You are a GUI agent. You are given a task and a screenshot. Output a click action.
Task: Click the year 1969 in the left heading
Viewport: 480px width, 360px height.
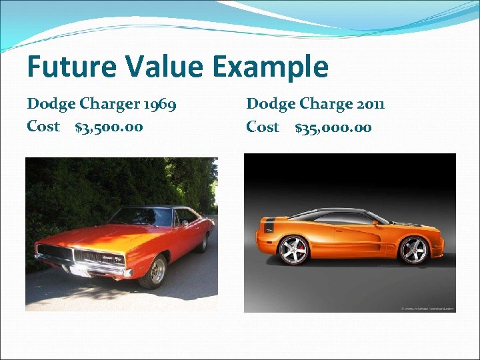pyautogui.click(x=159, y=104)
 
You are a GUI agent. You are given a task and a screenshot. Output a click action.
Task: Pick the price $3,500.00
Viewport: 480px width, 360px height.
pyautogui.click(x=109, y=127)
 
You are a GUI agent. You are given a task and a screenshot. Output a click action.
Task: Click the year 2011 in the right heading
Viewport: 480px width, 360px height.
pyautogui.click(x=369, y=104)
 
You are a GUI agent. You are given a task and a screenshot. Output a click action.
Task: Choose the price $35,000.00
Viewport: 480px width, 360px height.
pyautogui.click(x=333, y=127)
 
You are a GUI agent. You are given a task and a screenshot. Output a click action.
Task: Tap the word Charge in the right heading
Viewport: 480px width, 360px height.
pyautogui.click(x=326, y=105)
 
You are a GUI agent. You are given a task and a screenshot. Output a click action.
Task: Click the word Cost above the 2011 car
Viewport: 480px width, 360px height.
pyautogui.click(x=263, y=127)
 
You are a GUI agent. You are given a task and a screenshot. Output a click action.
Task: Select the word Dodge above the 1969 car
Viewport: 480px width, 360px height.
pyautogui.click(x=50, y=104)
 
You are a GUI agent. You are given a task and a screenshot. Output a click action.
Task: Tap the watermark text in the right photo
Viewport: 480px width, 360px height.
pyautogui.click(x=427, y=308)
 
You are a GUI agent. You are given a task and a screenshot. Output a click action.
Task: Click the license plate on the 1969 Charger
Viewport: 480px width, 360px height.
pyautogui.click(x=79, y=271)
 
